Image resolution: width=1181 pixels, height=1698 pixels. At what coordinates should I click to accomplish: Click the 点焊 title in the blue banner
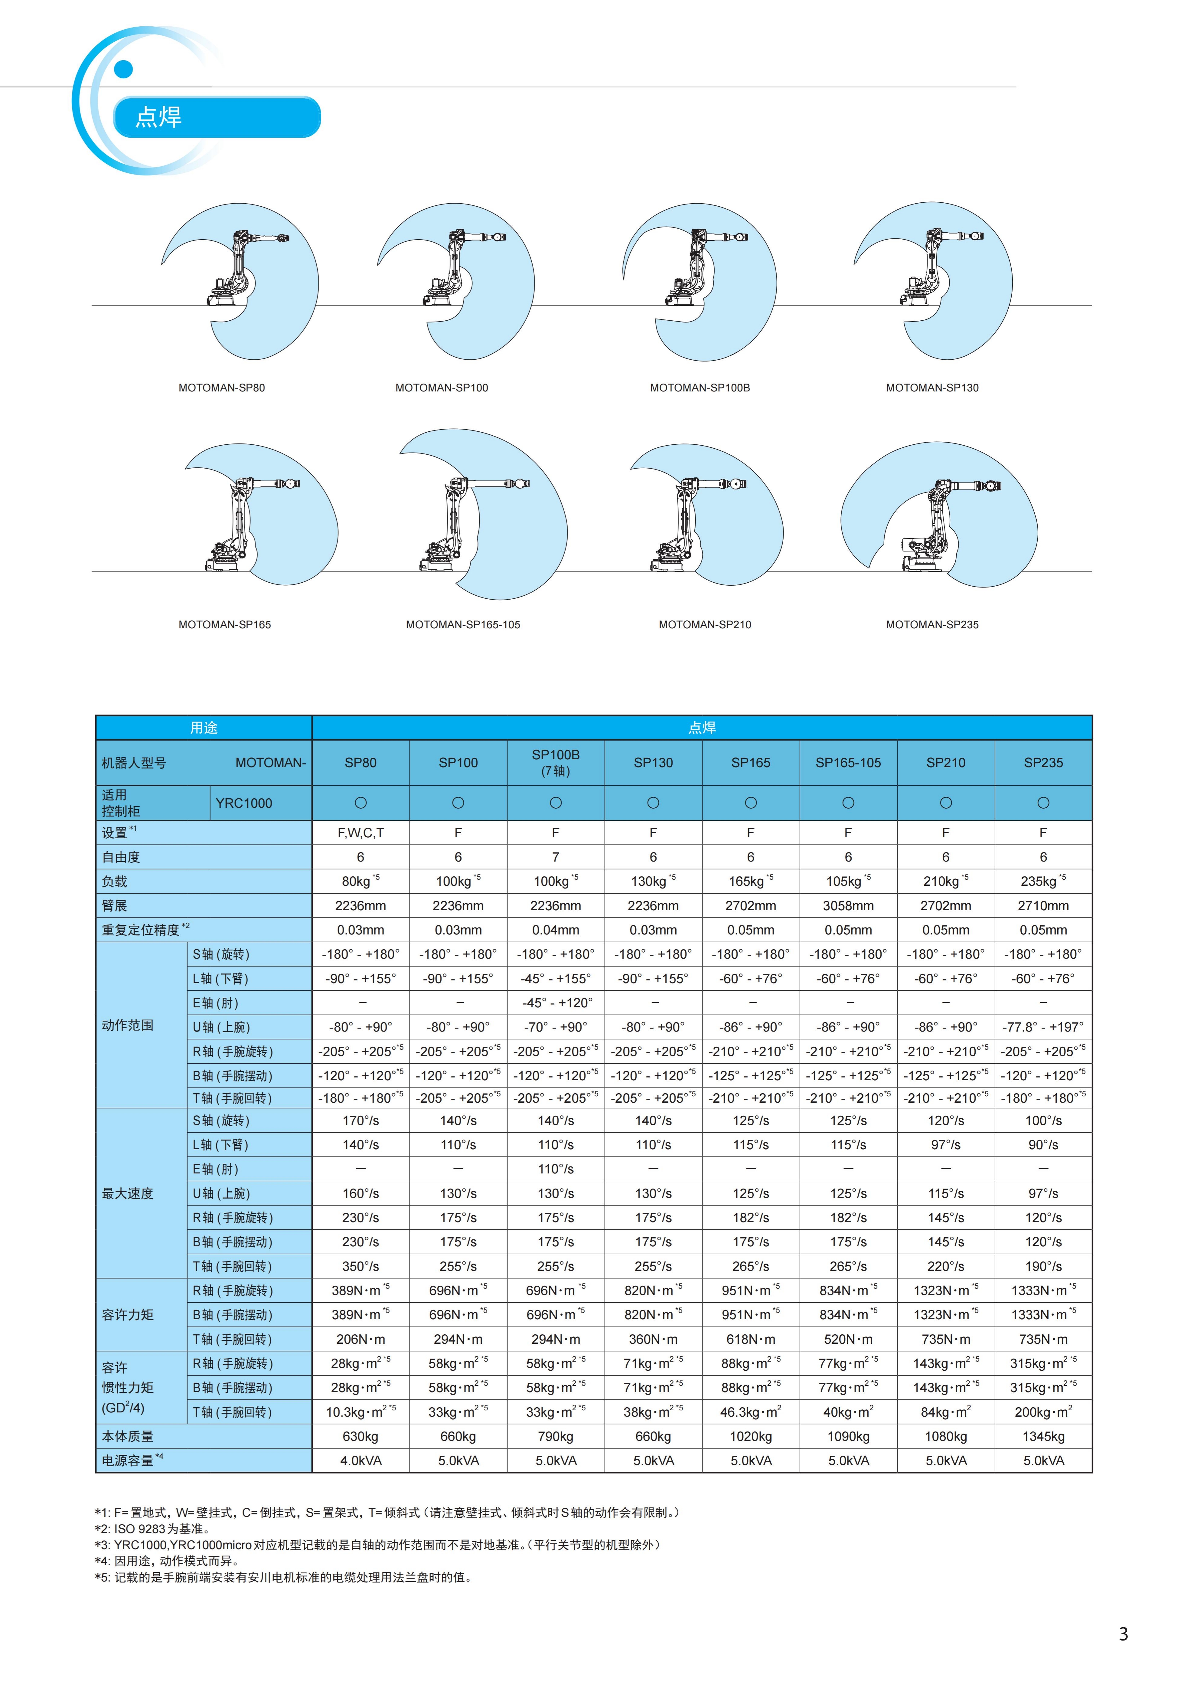pos(158,117)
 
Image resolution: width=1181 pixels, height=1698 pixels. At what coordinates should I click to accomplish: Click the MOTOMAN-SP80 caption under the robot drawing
pos(221,388)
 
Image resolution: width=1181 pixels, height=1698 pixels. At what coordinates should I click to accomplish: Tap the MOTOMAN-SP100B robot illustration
pos(699,281)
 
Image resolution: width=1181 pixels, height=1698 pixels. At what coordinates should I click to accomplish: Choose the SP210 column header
pos(945,762)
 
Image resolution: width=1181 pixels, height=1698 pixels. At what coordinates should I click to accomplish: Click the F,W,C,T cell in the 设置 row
pos(360,833)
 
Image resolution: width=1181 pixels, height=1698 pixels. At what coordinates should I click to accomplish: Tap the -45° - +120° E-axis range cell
pos(555,1003)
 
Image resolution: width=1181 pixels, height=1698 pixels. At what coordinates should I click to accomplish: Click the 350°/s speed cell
pos(360,1266)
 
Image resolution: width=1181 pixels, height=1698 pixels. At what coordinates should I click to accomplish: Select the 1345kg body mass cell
pos(1043,1436)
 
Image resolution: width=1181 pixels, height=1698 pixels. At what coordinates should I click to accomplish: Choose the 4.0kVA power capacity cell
pos(360,1461)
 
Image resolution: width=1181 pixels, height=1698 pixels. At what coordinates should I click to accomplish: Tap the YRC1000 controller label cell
pos(244,803)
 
